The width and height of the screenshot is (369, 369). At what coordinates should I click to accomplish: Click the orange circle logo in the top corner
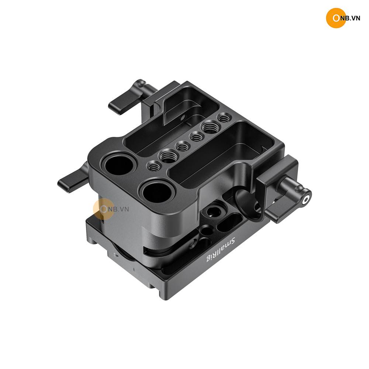[x=336, y=18]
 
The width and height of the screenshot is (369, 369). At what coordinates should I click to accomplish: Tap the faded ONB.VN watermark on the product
[x=111, y=209]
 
